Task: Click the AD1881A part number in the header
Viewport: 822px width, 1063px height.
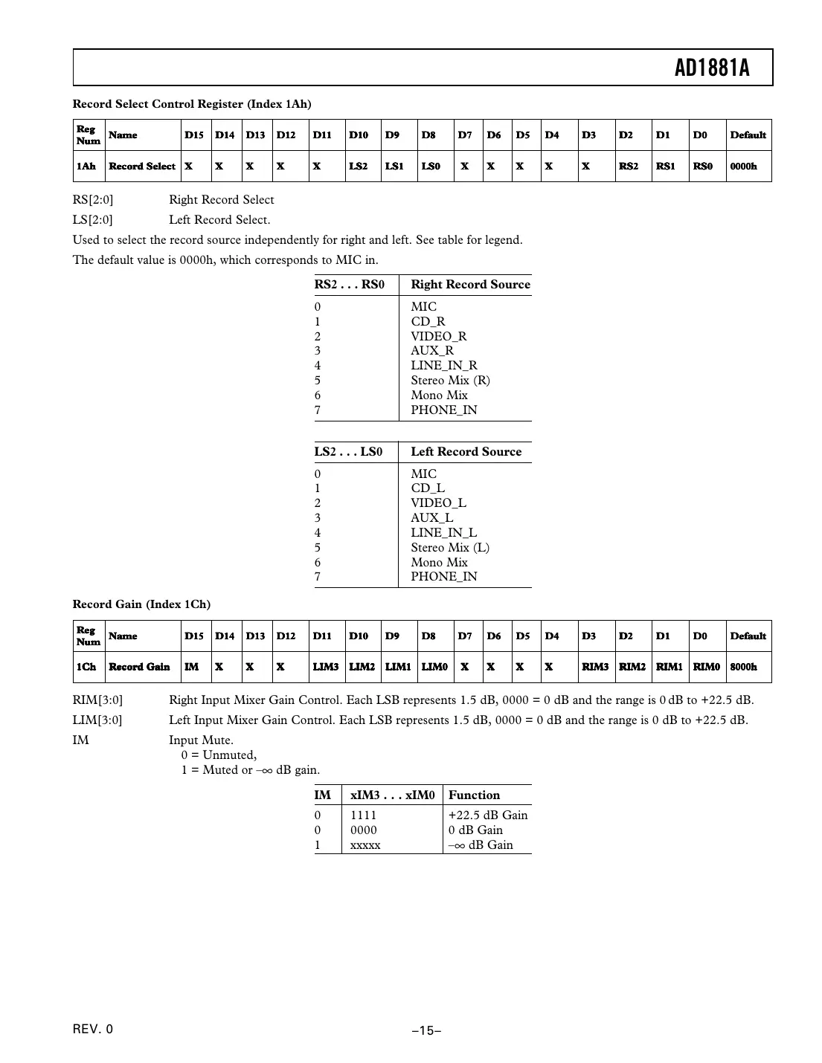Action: pyautogui.click(x=712, y=68)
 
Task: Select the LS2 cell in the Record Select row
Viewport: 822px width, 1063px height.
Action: pyautogui.click(x=358, y=167)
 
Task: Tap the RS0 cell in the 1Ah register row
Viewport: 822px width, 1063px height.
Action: pyautogui.click(x=702, y=167)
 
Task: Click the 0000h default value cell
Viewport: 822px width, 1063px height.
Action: pyautogui.click(x=743, y=167)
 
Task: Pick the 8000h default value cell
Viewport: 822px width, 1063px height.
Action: pyautogui.click(x=743, y=667)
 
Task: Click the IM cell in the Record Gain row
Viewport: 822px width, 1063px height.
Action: pyautogui.click(x=192, y=667)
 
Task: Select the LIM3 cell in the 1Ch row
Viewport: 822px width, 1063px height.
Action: pyautogui.click(x=325, y=667)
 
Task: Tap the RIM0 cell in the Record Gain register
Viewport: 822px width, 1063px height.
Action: pyautogui.click(x=706, y=667)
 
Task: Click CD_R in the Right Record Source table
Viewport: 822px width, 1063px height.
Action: pyautogui.click(x=428, y=322)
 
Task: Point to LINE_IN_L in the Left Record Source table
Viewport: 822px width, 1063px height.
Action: pyautogui.click(x=443, y=533)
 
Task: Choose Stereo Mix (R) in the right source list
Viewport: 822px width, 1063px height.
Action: pyautogui.click(x=450, y=381)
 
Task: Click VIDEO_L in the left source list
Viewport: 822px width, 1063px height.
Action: pyautogui.click(x=438, y=503)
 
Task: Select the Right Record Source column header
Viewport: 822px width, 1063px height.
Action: pyautogui.click(x=470, y=285)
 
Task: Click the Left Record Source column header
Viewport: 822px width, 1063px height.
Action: pyautogui.click(x=466, y=452)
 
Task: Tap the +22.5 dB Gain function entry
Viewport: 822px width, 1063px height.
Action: pyautogui.click(x=487, y=815)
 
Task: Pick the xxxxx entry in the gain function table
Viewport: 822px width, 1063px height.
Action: pyautogui.click(x=365, y=845)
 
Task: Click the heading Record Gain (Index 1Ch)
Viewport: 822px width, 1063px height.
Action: pyautogui.click(x=141, y=604)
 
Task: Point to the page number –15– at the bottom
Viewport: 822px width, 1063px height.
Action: pyautogui.click(x=427, y=1030)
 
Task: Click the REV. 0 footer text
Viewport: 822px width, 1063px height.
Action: pyautogui.click(x=93, y=1030)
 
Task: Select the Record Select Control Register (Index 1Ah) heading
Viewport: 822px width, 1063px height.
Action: pyautogui.click(x=192, y=104)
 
